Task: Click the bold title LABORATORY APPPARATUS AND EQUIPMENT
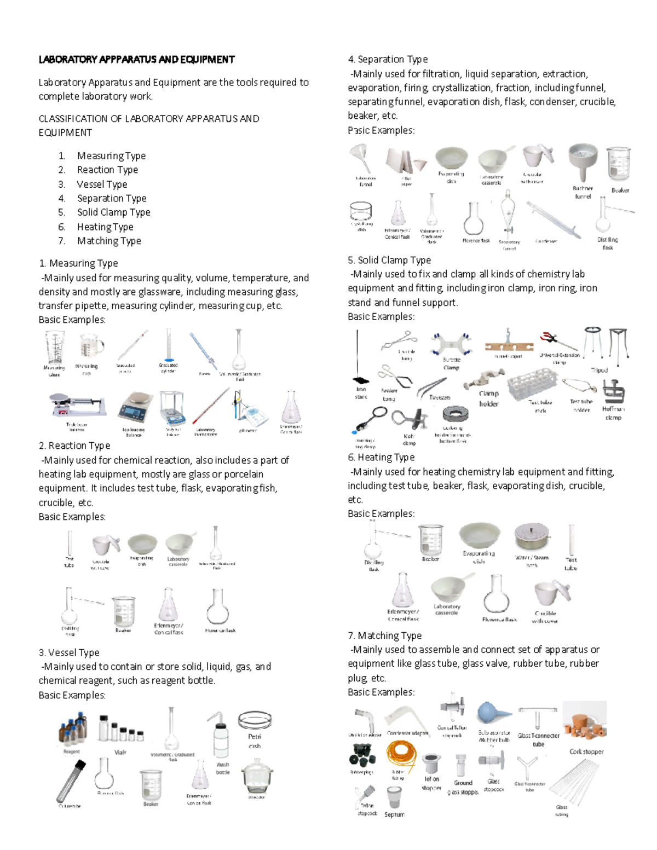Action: click(x=136, y=59)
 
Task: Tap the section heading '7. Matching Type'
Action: click(x=384, y=635)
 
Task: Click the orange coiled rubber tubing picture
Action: click(x=401, y=755)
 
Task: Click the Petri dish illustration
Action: click(x=255, y=721)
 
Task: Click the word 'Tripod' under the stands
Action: click(x=600, y=370)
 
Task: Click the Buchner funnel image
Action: click(x=583, y=163)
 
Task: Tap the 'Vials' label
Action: click(x=120, y=752)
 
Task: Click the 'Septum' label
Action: click(x=394, y=814)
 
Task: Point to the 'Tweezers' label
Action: click(x=439, y=397)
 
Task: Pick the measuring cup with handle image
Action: click(x=91, y=346)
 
